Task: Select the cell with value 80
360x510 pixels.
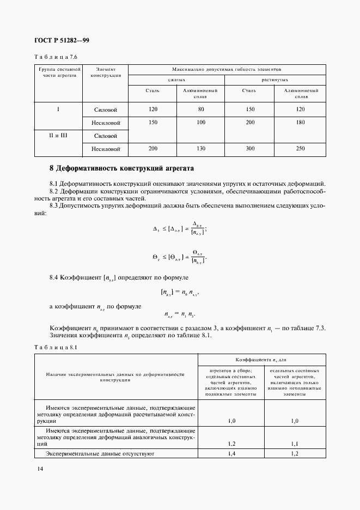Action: (x=200, y=109)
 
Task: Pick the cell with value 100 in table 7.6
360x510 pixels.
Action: (x=200, y=123)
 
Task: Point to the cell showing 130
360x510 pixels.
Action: (x=200, y=148)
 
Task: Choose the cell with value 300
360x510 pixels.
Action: (x=251, y=148)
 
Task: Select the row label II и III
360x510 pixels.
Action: (x=58, y=134)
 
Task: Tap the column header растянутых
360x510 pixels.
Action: (x=276, y=80)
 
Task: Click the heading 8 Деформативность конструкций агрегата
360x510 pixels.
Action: (x=121, y=168)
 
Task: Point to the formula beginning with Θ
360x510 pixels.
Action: (x=180, y=256)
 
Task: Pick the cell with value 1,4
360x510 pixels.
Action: (x=230, y=453)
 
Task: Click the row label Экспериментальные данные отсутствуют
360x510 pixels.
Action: (x=101, y=453)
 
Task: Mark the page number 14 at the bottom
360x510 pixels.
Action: (x=40, y=469)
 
